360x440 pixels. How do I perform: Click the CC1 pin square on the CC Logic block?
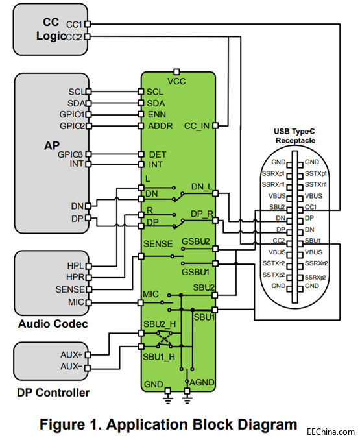88,24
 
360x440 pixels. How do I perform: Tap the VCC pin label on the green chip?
176,81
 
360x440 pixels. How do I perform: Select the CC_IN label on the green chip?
197,127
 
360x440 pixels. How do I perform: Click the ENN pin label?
157,114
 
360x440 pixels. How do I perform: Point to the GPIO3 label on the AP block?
70,154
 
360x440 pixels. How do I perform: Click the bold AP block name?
52,145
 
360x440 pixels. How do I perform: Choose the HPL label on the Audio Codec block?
75,265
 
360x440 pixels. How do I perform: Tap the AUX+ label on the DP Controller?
71,355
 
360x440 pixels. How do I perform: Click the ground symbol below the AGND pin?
187,398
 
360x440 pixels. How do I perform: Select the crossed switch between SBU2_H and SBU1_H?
165,340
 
